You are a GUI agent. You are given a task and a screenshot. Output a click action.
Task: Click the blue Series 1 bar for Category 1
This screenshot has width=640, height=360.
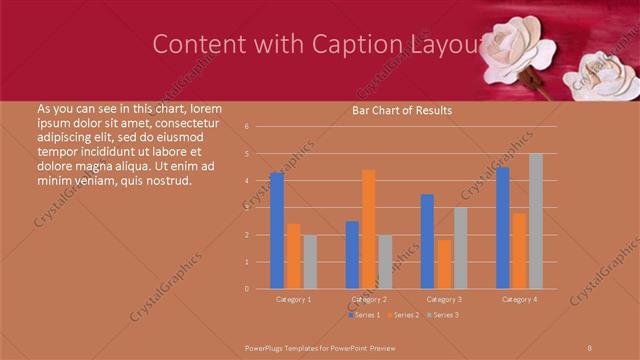(277, 231)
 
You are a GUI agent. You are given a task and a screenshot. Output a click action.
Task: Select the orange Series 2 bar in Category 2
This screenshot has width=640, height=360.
(368, 229)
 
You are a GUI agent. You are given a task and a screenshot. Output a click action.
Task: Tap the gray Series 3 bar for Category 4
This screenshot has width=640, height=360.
(536, 221)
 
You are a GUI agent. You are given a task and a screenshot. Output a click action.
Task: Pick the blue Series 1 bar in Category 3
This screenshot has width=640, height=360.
(427, 241)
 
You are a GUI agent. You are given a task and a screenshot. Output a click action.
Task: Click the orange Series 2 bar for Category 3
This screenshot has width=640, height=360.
(443, 264)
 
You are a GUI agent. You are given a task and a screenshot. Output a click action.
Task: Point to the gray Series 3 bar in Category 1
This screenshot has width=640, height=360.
(309, 262)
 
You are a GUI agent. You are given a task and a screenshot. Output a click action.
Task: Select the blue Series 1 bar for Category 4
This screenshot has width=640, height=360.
(503, 228)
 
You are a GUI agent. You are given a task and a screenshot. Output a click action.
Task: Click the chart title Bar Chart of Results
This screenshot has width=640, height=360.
(402, 110)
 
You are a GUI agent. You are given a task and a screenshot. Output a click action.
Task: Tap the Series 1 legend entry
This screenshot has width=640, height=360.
(364, 315)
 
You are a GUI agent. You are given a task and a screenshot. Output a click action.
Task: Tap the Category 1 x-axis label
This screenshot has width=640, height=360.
(293, 299)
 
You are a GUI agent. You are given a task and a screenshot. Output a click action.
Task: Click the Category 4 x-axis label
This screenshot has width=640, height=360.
(519, 299)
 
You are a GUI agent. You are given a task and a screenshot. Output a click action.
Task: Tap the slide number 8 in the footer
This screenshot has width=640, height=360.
(590, 346)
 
